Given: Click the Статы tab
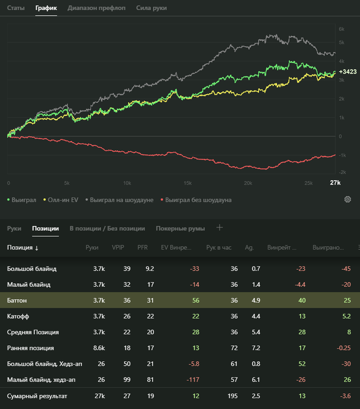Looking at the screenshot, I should [16, 9].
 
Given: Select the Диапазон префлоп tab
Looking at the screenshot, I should [96, 9].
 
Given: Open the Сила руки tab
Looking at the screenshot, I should [151, 9].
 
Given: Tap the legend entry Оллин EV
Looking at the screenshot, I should [63, 200].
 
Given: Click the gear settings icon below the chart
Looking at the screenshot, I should [348, 200].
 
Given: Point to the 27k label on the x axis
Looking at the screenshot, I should [335, 183].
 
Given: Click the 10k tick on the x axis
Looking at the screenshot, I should [128, 183].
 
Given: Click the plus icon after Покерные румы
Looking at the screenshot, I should [220, 228].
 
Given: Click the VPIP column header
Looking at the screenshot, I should [118, 248].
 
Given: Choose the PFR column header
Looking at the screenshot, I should [143, 248].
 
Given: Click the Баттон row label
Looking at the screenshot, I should [17, 300].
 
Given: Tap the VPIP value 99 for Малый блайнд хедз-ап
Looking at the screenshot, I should [119, 380].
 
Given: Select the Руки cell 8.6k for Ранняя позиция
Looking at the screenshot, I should [98, 348].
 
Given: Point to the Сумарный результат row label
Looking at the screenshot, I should [37, 397].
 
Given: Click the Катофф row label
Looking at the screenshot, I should [18, 316].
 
